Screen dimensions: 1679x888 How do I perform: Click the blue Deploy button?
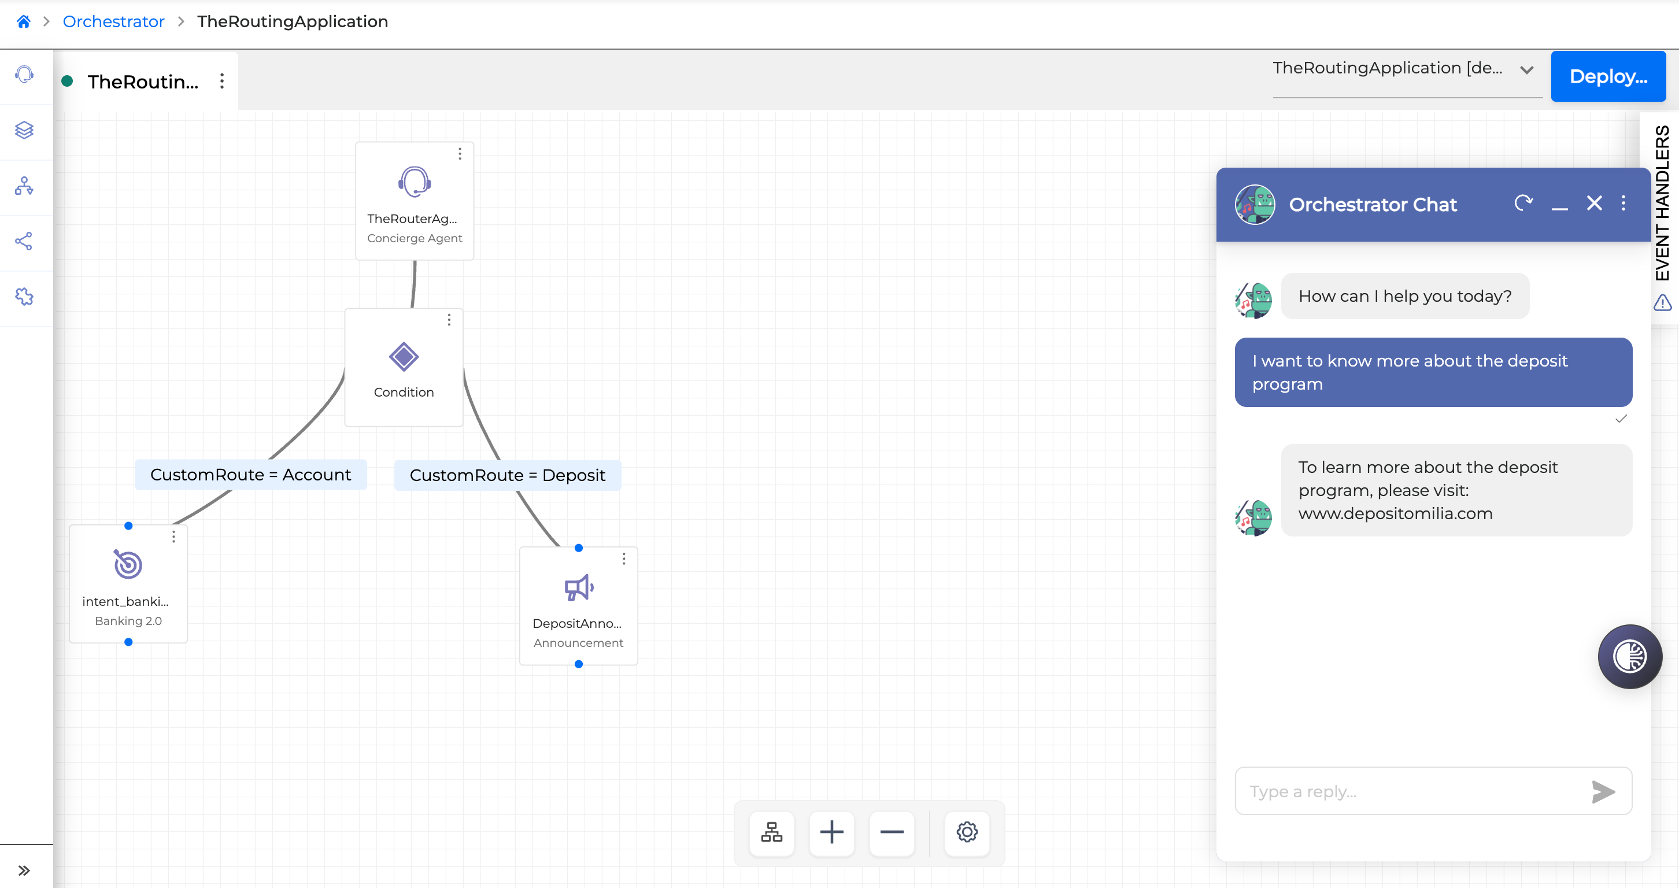click(x=1608, y=76)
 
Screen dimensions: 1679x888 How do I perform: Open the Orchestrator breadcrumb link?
click(x=113, y=21)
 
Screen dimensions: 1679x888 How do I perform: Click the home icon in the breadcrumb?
click(x=24, y=21)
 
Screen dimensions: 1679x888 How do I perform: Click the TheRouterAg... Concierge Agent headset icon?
click(x=415, y=182)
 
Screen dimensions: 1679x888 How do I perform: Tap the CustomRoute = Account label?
click(x=251, y=474)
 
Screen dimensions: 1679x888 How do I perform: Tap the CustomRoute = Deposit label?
click(x=508, y=475)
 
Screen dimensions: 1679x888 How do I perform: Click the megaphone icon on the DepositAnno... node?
click(x=579, y=587)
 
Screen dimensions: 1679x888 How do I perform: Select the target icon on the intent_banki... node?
click(x=128, y=564)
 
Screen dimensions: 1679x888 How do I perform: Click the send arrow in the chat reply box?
click(x=1603, y=791)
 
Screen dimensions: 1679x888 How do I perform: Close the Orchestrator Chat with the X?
click(x=1594, y=203)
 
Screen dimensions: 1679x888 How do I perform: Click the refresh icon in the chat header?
click(x=1523, y=203)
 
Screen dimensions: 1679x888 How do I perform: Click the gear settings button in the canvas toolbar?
click(x=967, y=832)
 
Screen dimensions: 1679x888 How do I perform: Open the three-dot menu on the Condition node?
click(x=449, y=320)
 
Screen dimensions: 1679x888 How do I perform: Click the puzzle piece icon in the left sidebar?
click(x=24, y=297)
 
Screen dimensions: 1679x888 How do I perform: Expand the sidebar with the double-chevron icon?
click(x=24, y=871)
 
